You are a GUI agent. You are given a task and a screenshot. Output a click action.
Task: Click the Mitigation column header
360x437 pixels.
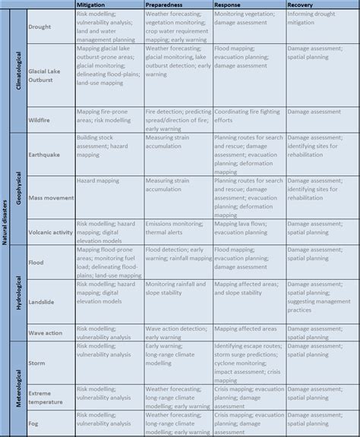pos(93,5)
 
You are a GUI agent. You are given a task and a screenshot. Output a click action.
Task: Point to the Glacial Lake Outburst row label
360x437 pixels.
pos(44,74)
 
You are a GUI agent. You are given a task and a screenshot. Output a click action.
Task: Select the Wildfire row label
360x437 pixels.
pos(40,119)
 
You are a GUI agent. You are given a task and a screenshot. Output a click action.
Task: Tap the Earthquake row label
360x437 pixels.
pos(44,156)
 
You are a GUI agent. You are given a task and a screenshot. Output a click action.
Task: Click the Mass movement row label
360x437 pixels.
pos(50,198)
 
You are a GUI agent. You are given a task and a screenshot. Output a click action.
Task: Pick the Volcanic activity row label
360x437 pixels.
pos(51,232)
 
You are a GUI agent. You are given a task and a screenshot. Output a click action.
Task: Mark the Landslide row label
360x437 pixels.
pos(43,300)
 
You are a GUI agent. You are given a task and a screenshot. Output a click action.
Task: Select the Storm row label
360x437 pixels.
pos(37,363)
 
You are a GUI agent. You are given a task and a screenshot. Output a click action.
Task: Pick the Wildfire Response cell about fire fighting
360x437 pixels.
pos(246,115)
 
